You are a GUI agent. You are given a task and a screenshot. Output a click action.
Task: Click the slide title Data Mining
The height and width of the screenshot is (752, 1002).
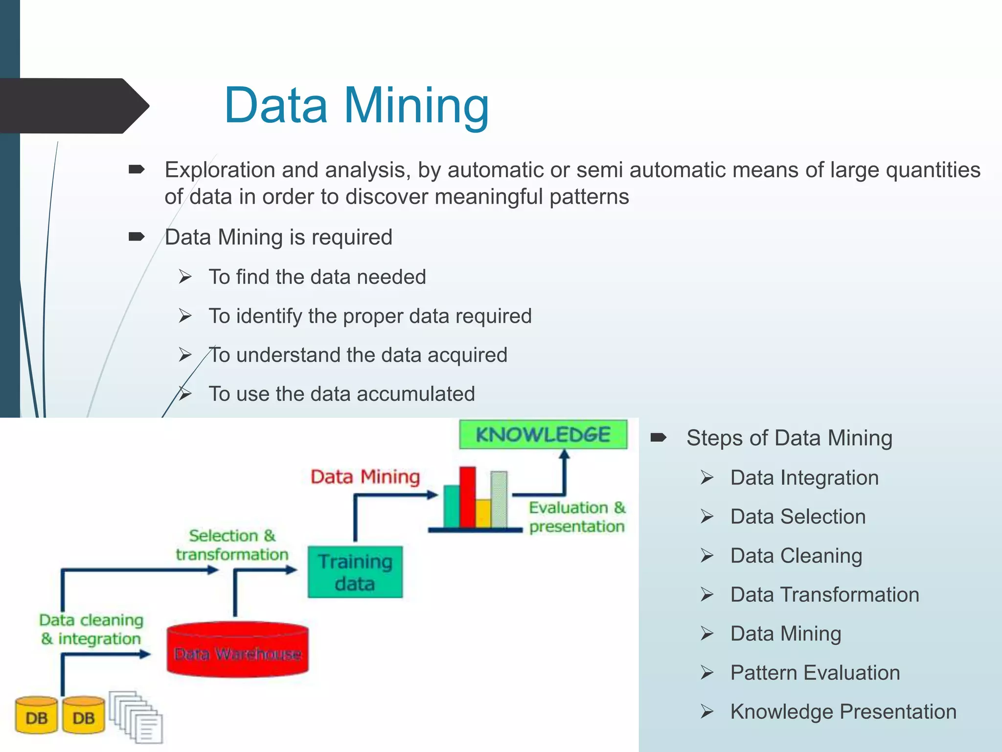click(356, 105)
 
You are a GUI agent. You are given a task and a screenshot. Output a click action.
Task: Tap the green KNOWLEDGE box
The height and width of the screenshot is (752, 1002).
click(543, 434)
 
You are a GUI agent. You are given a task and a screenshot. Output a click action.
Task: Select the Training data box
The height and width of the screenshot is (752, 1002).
click(355, 572)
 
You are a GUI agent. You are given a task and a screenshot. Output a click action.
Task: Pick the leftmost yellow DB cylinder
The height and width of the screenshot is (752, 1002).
click(36, 716)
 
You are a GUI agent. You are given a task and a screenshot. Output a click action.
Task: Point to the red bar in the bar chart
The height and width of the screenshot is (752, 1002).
click(467, 497)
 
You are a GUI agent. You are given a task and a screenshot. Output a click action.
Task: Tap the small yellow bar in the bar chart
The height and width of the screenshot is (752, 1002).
click(483, 513)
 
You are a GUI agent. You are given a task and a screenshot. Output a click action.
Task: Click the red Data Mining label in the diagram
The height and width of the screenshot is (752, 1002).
click(365, 476)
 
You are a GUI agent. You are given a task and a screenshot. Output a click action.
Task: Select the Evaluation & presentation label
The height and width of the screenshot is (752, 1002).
click(577, 517)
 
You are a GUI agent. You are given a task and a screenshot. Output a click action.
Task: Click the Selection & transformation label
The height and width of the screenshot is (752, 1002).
click(232, 545)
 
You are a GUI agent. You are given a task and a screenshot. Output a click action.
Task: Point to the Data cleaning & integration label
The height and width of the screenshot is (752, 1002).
click(91, 629)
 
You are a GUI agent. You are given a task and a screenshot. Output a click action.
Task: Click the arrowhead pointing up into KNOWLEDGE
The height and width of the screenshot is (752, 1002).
click(565, 454)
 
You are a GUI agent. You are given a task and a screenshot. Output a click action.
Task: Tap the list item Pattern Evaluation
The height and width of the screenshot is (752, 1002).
click(815, 673)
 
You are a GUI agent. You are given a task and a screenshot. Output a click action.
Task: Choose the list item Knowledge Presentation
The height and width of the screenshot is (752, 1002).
click(843, 711)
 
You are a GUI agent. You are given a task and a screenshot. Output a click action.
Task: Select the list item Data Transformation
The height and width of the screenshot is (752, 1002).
click(824, 594)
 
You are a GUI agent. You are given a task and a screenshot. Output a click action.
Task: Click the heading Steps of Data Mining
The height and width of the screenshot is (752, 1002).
click(789, 438)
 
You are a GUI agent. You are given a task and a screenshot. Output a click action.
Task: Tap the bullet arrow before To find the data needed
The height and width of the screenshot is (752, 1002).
click(185, 277)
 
